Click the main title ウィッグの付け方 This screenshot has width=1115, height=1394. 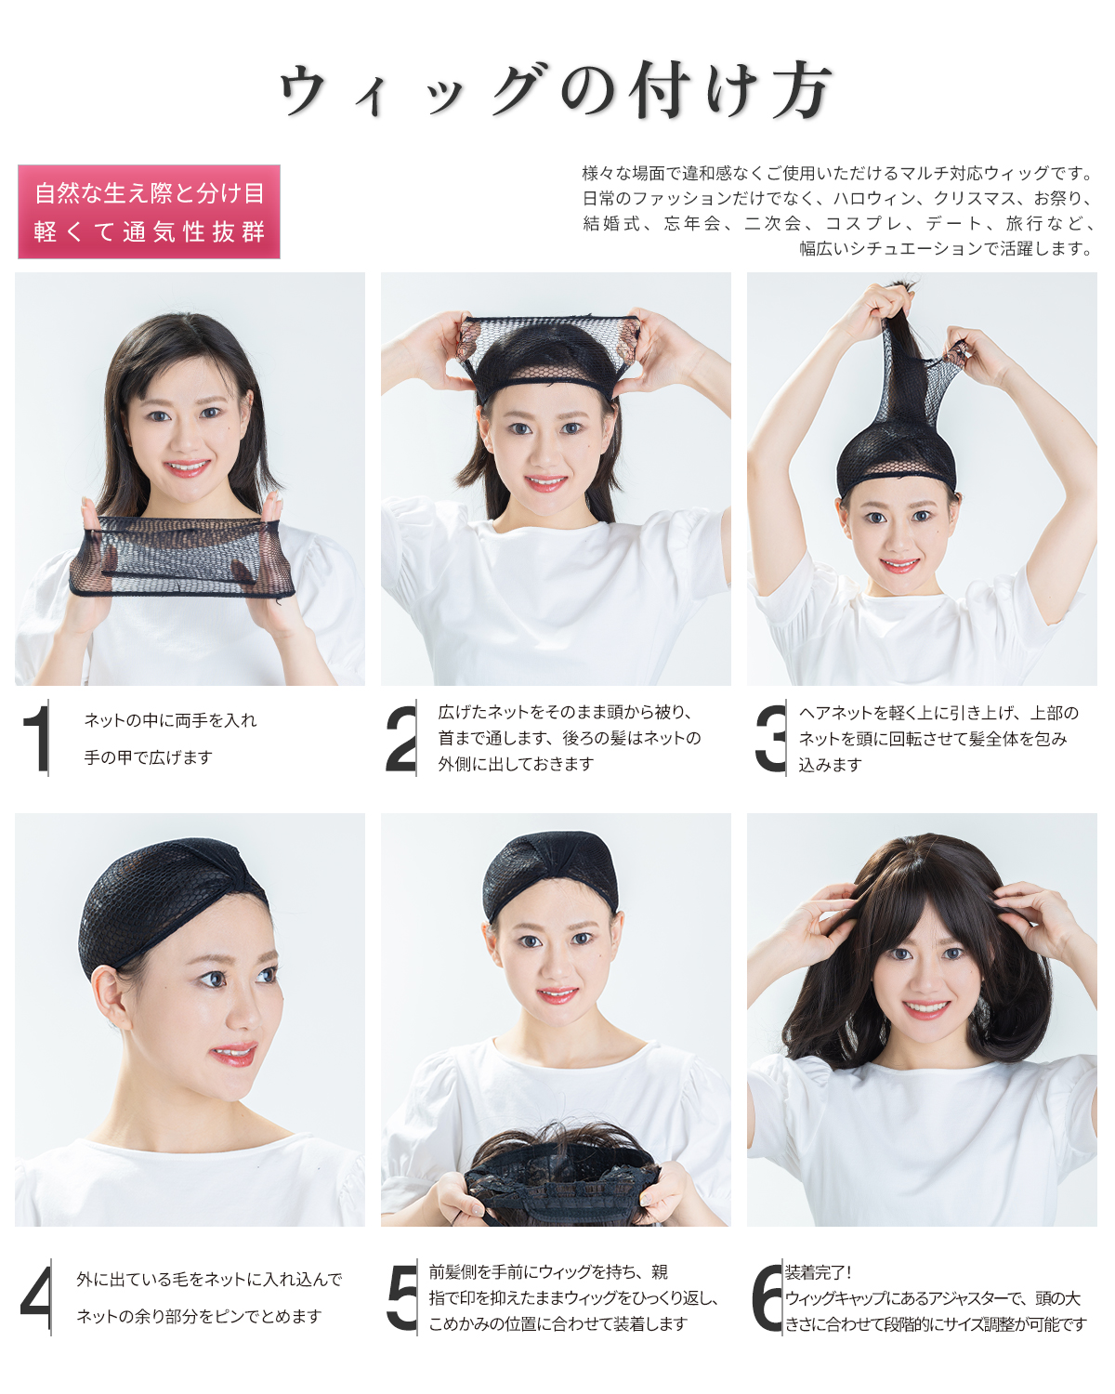coord(556,91)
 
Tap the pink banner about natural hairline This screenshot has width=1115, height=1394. coord(149,212)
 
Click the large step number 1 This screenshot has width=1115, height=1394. coord(37,738)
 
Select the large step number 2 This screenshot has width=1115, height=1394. coord(400,739)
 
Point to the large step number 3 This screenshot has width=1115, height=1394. coord(770,739)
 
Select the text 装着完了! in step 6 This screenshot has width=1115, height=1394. coord(818,1273)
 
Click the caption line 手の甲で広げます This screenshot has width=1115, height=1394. coord(149,757)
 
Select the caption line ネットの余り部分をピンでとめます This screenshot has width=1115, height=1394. coord(200,1316)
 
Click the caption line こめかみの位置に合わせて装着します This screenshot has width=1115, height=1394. coord(557,1324)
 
